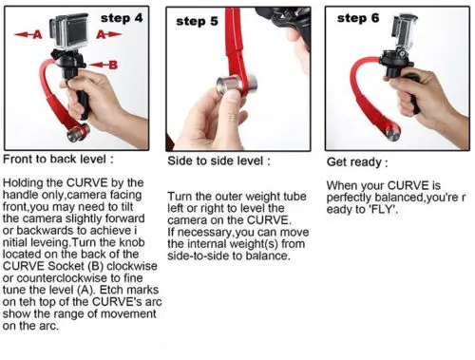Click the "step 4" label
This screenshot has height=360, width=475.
click(122, 18)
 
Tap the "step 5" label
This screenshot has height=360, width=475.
click(197, 21)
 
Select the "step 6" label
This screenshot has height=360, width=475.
click(358, 18)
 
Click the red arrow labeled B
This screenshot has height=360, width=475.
click(104, 65)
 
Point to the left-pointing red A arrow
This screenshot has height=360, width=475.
click(28, 34)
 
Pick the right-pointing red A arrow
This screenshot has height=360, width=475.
click(108, 34)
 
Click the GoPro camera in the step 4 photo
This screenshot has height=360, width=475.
click(69, 31)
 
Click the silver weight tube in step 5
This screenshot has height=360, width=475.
click(237, 85)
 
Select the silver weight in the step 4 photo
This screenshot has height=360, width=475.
click(78, 132)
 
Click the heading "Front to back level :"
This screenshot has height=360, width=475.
click(58, 159)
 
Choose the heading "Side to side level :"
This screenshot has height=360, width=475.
click(218, 161)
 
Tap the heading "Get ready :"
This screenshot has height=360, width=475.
click(357, 162)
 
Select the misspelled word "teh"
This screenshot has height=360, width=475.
click(26, 302)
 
